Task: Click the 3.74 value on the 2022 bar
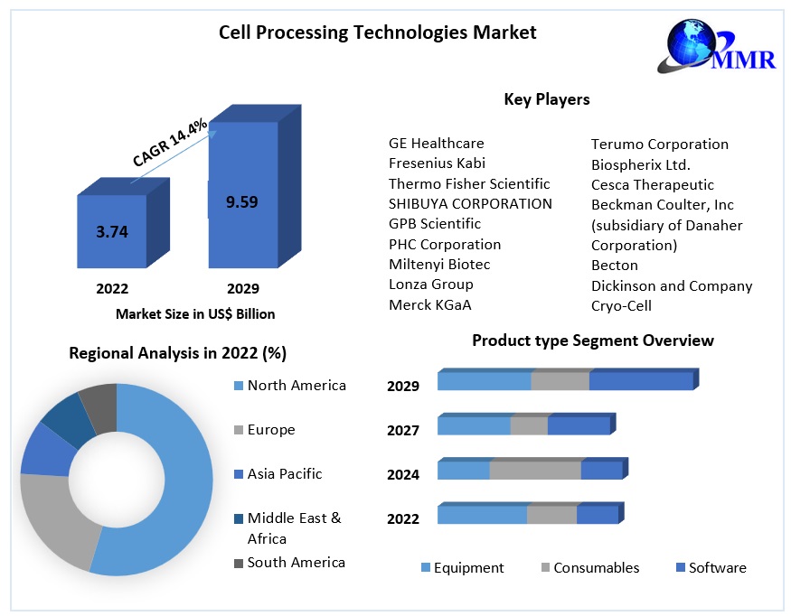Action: click(112, 232)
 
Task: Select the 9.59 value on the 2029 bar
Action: click(241, 202)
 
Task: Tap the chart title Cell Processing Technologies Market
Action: click(377, 33)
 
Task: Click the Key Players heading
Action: click(547, 99)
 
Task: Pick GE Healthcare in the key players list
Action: click(436, 143)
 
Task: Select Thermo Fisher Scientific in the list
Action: click(468, 183)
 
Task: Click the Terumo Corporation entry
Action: click(659, 144)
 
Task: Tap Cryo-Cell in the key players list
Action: click(621, 305)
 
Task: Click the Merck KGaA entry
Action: click(429, 304)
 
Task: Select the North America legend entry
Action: click(296, 386)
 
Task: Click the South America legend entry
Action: click(296, 562)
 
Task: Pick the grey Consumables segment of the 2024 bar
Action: click(534, 471)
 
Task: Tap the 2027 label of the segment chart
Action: click(403, 430)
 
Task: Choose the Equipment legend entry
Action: click(467, 568)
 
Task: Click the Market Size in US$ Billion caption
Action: click(195, 314)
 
